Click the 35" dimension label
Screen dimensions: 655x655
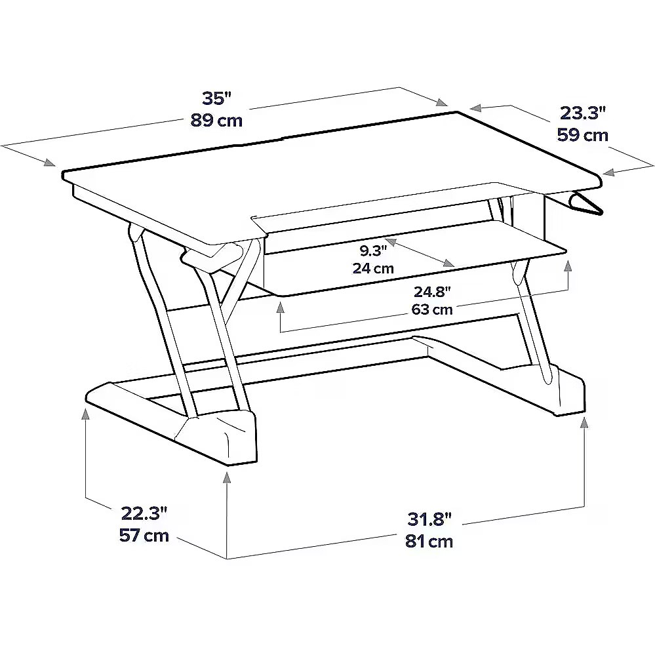coord(216,98)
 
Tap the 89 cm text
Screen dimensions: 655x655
coord(216,120)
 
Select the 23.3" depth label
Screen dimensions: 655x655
coord(582,113)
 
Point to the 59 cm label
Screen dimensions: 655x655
coord(582,135)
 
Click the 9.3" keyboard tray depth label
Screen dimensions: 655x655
coord(374,250)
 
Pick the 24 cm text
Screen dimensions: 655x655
coord(374,268)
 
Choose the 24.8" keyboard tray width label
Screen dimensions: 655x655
coord(432,292)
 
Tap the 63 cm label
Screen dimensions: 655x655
coord(432,309)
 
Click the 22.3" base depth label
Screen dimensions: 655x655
coord(144,513)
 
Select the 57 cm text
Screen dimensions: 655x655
coord(144,535)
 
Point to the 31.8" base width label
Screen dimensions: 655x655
coord(429,520)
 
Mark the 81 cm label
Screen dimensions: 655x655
coord(429,542)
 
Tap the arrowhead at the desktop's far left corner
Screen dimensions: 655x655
coord(50,163)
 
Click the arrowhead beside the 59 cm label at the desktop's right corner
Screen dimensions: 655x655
coord(609,172)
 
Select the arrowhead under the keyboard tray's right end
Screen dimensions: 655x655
coord(568,266)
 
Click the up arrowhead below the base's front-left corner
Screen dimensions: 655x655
coord(227,477)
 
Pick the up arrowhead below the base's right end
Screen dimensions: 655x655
coord(584,423)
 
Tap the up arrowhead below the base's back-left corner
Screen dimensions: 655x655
coord(86,414)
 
